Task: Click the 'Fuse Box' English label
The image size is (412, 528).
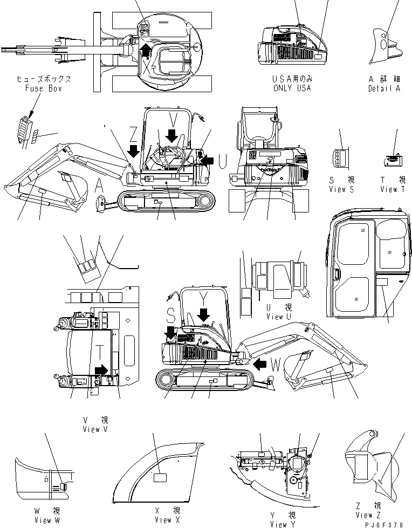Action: coord(44,88)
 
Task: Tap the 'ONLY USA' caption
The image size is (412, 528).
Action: coord(292,88)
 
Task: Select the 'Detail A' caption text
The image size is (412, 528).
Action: coord(384,88)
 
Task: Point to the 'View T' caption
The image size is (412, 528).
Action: coord(396,189)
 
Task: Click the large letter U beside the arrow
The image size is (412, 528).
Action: coord(222,160)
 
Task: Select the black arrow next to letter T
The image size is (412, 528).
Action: coord(101,369)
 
